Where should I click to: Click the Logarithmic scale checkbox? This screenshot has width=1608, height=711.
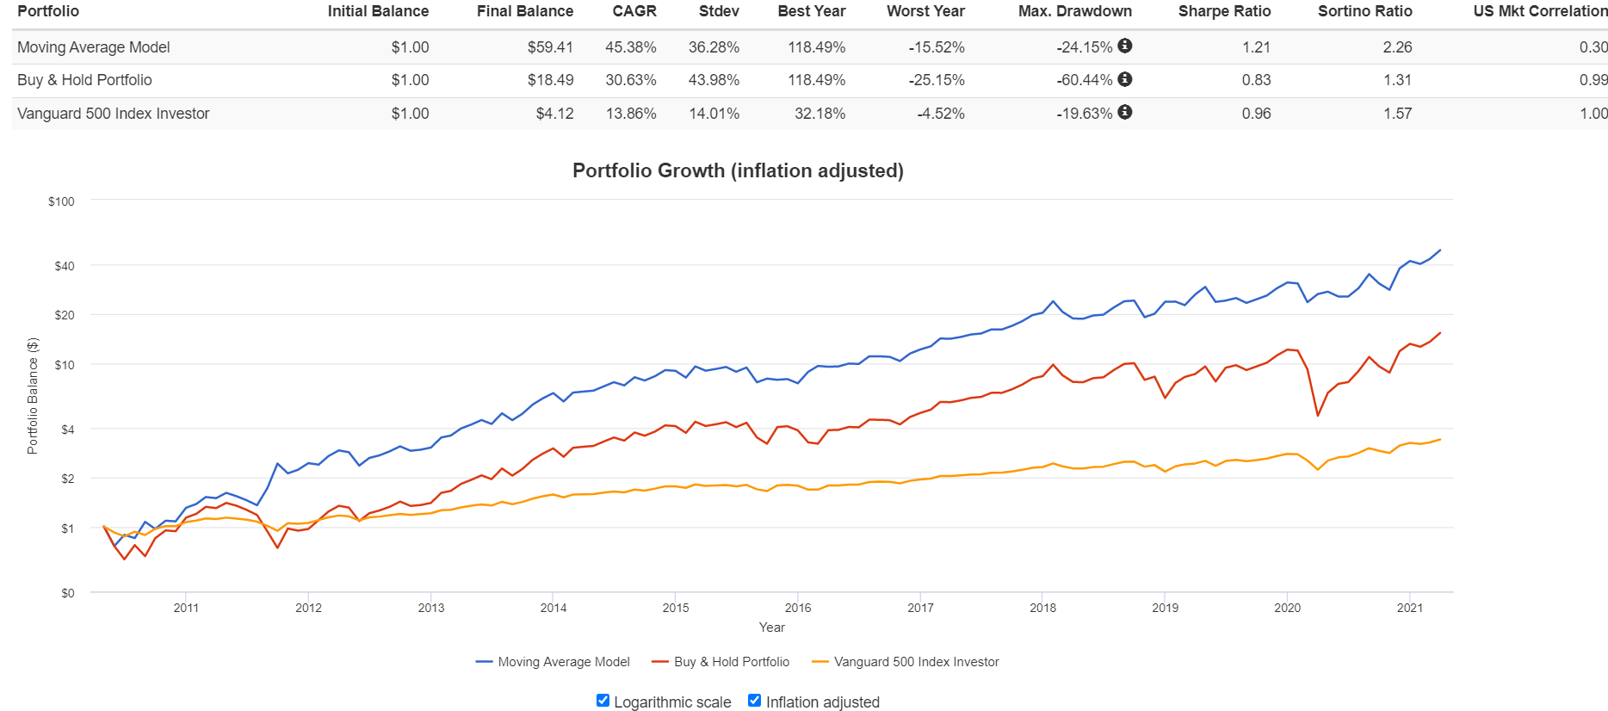tap(603, 701)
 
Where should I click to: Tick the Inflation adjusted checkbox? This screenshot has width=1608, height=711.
tap(755, 701)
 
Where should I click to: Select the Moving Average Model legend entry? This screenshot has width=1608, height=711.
tap(553, 662)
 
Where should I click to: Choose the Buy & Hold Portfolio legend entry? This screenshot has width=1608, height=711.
tap(721, 662)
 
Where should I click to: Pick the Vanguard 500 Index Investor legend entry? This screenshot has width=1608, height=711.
tap(906, 662)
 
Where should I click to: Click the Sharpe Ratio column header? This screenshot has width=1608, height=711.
tap(1224, 11)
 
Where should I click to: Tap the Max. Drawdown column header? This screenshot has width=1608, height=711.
tap(1074, 11)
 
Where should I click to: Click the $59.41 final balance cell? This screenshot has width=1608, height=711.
tap(550, 47)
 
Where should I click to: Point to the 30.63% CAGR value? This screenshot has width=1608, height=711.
tap(630, 80)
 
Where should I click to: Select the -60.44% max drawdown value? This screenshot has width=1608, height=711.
tap(1085, 80)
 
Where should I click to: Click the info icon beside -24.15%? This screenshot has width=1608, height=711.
tap(1125, 46)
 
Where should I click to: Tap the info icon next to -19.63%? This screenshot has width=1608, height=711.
tap(1125, 112)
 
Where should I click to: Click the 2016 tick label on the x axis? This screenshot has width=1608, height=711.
tap(798, 608)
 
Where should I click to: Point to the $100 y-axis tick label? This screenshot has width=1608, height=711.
tap(61, 201)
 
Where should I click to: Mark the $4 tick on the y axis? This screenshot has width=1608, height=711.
tap(67, 430)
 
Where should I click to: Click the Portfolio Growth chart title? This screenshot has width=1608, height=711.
tap(738, 170)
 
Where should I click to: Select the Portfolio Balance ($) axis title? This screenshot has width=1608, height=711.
tap(33, 396)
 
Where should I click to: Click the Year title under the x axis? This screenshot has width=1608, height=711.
tap(771, 628)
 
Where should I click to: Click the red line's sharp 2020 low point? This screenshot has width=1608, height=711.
tap(1318, 416)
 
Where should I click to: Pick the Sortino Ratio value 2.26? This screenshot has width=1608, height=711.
tap(1397, 47)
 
